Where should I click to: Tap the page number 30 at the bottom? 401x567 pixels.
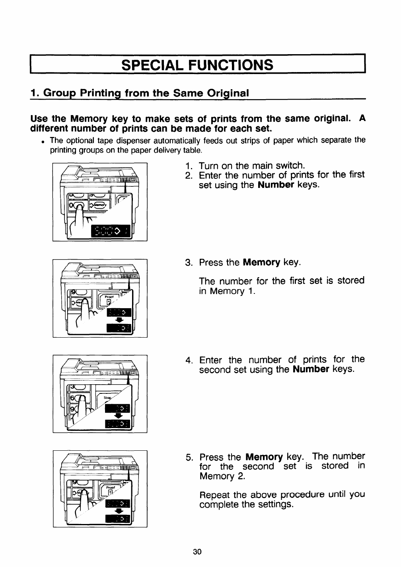pyautogui.click(x=197, y=551)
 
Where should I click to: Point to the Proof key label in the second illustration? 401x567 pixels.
pyautogui.click(x=109, y=297)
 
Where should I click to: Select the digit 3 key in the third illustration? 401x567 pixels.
pyautogui.click(x=72, y=387)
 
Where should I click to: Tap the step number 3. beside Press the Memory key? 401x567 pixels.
pyautogui.click(x=189, y=263)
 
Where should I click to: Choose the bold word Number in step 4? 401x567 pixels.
pyautogui.click(x=310, y=370)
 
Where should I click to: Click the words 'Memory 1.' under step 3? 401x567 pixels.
pyautogui.click(x=226, y=291)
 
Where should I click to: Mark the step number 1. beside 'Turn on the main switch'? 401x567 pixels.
pyautogui.click(x=189, y=165)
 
